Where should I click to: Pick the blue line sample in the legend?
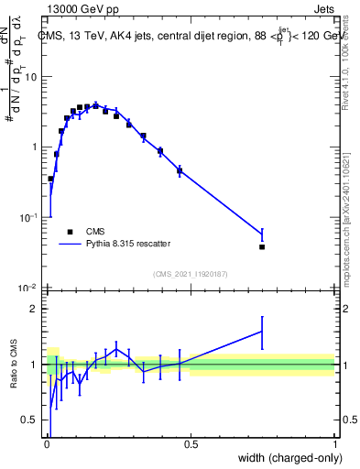pyautogui.click(x=70, y=245)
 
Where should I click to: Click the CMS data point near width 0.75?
pyautogui.click(x=262, y=246)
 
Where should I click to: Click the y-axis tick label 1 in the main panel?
pyautogui.click(x=37, y=147)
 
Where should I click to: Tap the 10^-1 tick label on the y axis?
pyautogui.click(x=31, y=217)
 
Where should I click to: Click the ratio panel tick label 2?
pyautogui.click(x=37, y=309)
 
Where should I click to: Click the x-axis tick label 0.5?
pyautogui.click(x=191, y=443)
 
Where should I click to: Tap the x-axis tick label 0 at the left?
pyautogui.click(x=48, y=443)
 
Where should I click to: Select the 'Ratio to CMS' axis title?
pyautogui.click(x=14, y=365)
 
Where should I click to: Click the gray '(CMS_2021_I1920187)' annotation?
pyautogui.click(x=191, y=272)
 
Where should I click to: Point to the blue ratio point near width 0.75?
pyautogui.click(x=262, y=332)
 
